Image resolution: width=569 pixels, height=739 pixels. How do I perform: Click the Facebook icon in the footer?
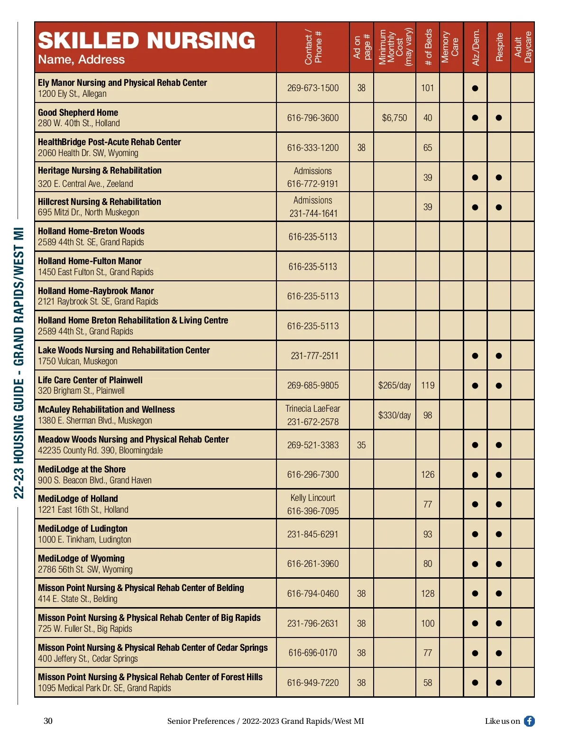click(529, 721)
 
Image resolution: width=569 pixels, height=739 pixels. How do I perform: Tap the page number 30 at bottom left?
click(48, 721)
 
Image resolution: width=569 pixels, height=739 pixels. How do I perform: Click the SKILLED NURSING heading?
click(147, 41)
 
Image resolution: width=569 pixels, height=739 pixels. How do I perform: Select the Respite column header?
click(499, 47)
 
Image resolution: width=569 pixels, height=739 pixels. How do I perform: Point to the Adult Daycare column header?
click(523, 47)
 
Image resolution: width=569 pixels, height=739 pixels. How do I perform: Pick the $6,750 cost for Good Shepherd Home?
click(395, 118)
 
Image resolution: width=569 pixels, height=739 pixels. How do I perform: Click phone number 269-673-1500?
click(313, 88)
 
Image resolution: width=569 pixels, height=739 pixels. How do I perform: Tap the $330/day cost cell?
click(395, 415)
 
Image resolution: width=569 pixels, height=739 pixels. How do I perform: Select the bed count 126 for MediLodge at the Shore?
click(428, 474)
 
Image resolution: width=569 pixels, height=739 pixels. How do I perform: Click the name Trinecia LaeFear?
click(313, 408)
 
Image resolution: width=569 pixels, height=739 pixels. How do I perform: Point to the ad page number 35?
click(361, 445)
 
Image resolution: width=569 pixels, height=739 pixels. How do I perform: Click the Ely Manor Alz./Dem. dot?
click(475, 88)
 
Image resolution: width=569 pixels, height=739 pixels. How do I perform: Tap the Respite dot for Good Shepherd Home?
click(499, 118)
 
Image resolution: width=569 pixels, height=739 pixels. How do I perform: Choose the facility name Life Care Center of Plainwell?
click(90, 380)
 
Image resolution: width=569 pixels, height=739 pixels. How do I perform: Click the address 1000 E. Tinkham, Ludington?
click(84, 539)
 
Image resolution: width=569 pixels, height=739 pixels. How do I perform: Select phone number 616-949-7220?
click(313, 683)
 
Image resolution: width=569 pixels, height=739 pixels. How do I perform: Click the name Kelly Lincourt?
click(313, 498)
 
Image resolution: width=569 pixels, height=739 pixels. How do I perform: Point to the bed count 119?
click(428, 385)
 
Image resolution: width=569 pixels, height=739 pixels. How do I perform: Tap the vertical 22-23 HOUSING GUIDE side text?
click(18, 363)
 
